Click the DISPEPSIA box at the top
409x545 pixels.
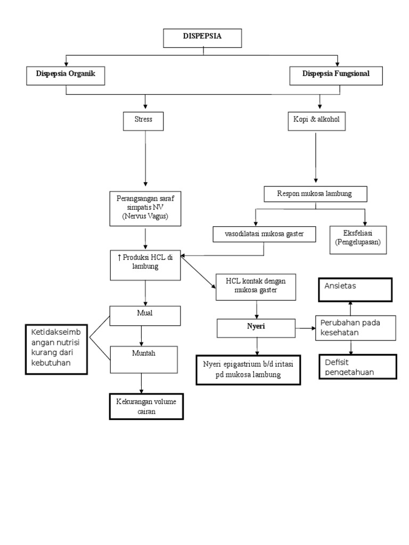(x=202, y=38)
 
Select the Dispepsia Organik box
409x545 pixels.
(x=66, y=75)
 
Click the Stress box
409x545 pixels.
(x=143, y=121)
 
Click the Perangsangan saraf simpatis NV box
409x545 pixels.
(x=145, y=208)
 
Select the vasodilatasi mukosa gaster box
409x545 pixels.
(x=257, y=234)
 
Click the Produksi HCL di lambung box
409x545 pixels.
(x=145, y=265)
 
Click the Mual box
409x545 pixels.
(x=145, y=316)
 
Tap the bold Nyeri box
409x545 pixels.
(x=256, y=328)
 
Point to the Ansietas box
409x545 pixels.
(x=355, y=289)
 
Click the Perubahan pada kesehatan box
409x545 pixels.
(x=356, y=328)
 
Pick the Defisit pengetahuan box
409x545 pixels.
(x=358, y=367)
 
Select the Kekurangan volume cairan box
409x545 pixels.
(x=145, y=407)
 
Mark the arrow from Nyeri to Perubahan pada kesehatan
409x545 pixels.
(x=305, y=328)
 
